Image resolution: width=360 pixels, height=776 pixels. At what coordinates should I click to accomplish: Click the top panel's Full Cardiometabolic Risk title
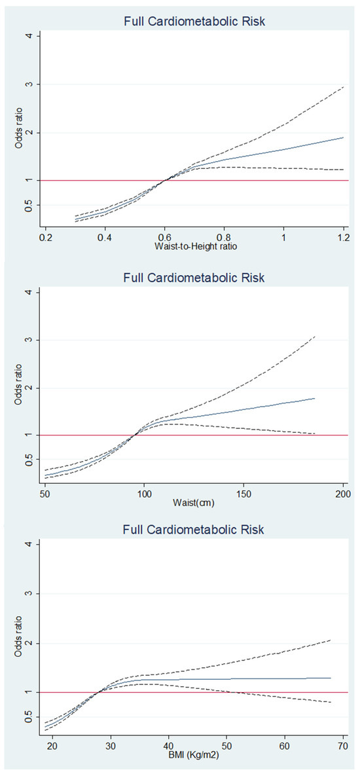[x=193, y=22]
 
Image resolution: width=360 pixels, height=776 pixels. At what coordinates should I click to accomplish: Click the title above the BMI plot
[x=193, y=530]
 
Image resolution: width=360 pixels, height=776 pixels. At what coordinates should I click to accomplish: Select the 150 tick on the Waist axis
[x=243, y=492]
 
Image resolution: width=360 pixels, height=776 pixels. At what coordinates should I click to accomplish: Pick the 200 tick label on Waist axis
[x=343, y=492]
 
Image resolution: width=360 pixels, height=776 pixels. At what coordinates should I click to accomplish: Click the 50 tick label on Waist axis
[x=45, y=492]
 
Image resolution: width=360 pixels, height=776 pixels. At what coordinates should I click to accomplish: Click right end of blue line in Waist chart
[x=315, y=398]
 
